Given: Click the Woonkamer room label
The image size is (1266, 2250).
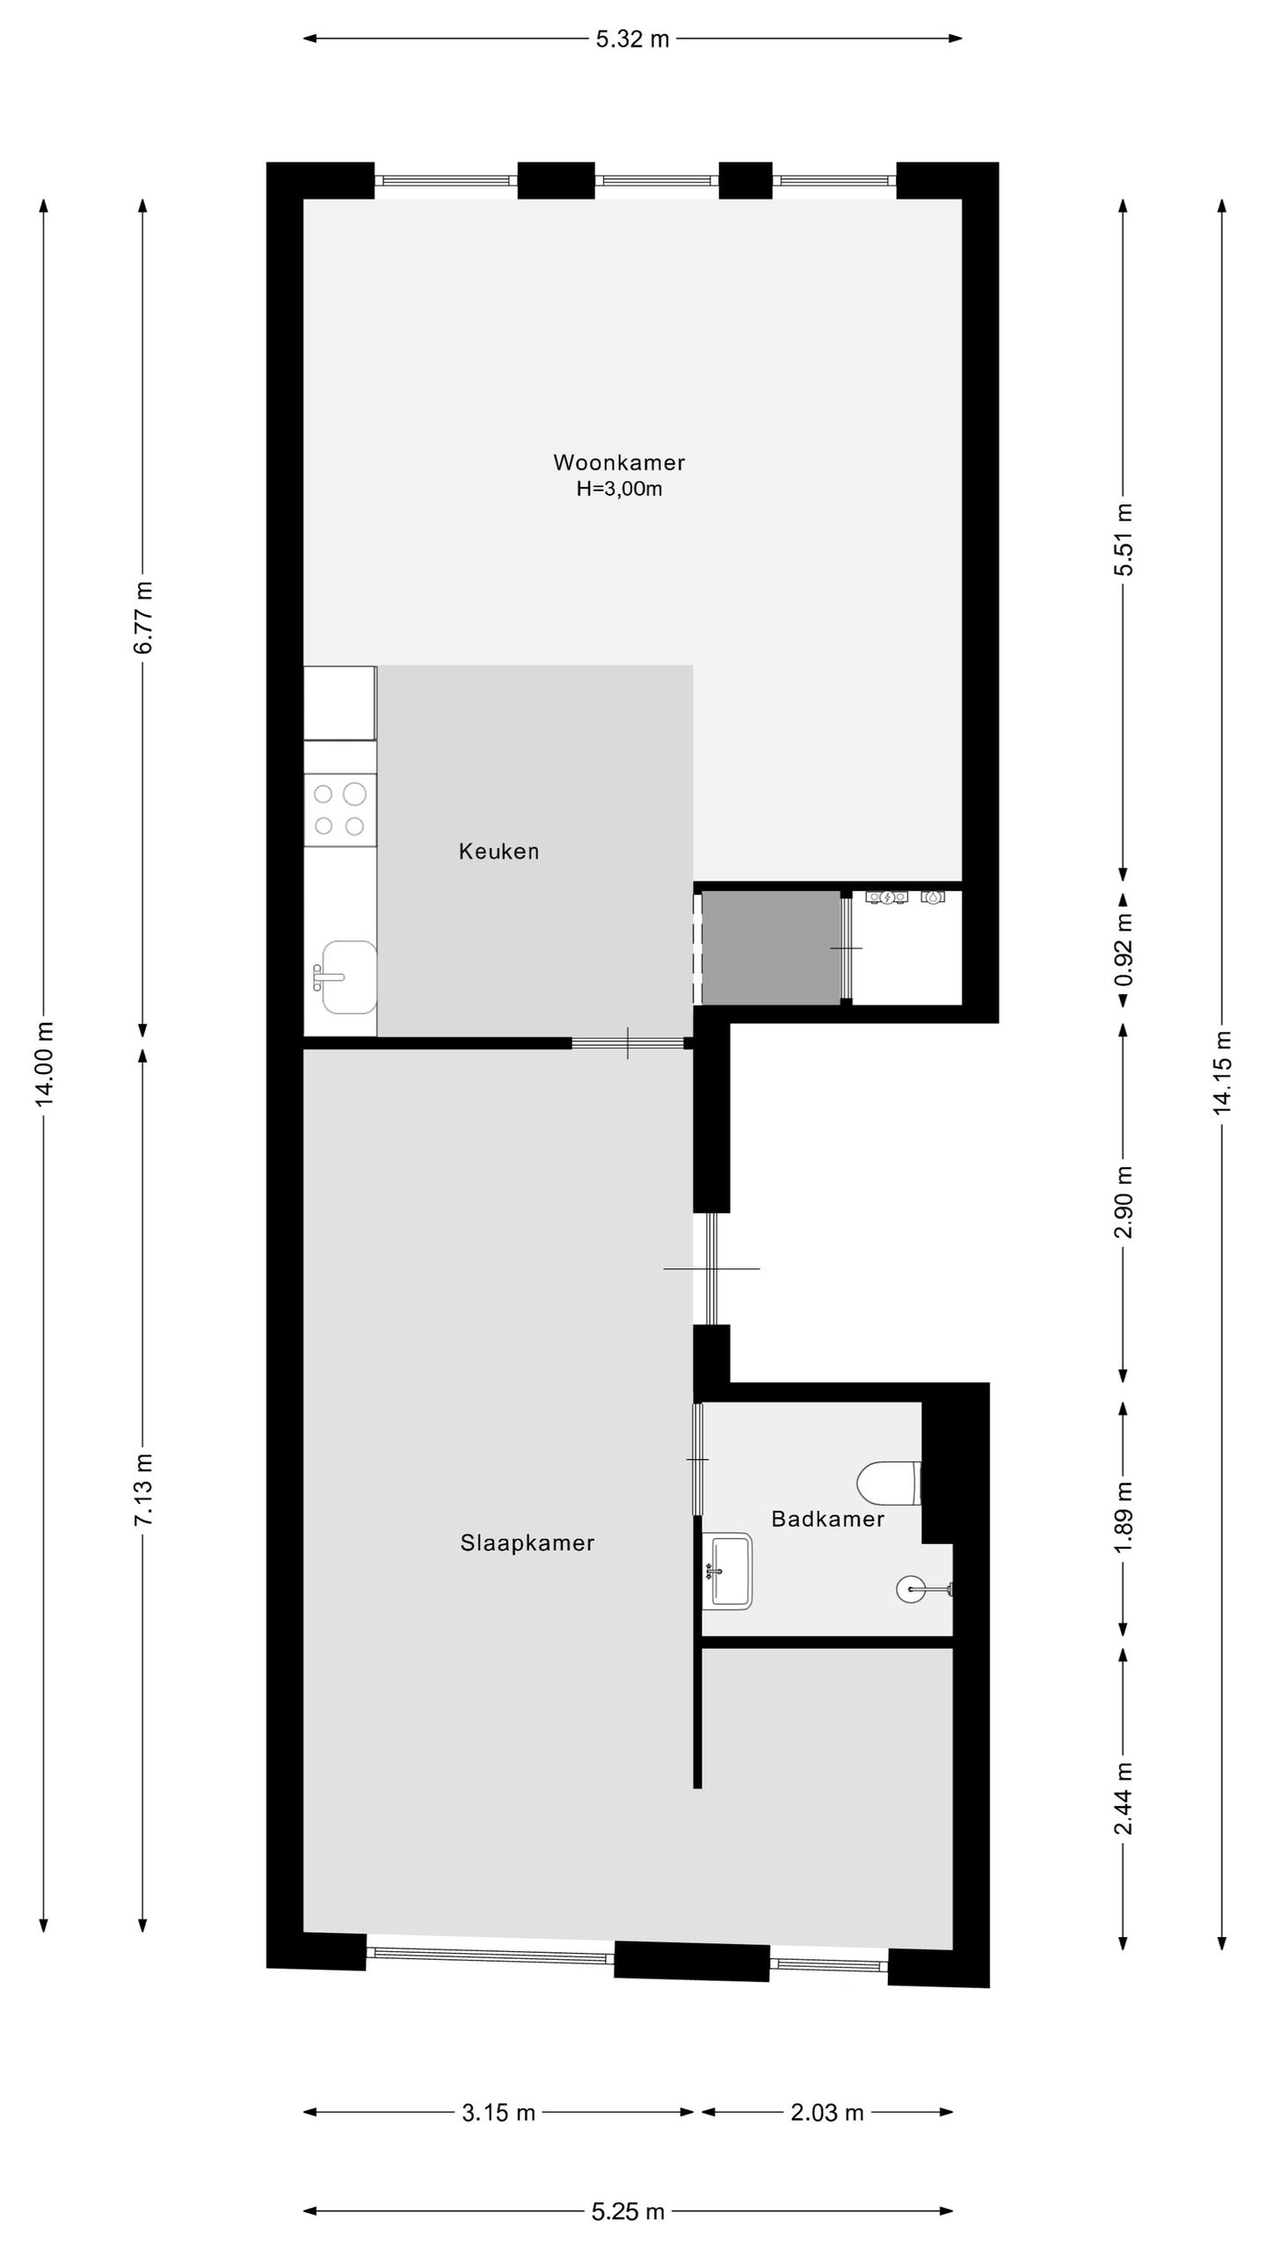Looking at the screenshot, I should click(618, 462).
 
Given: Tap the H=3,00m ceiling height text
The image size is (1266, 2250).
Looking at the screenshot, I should click(618, 490).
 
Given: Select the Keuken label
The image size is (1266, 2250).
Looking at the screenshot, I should click(498, 851).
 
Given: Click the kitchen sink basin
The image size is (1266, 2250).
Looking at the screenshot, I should click(349, 976).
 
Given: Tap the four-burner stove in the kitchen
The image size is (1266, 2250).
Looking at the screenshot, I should click(339, 809).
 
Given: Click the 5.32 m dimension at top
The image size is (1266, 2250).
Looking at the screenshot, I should click(632, 39).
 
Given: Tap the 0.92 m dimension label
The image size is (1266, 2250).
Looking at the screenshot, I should click(1123, 951).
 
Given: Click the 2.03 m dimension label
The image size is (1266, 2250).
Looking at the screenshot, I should click(826, 2112).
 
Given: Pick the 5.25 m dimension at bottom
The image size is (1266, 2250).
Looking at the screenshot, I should click(628, 2210).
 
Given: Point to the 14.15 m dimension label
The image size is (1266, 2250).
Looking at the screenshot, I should click(1222, 1072).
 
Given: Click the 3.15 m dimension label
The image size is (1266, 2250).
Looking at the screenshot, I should click(498, 2112).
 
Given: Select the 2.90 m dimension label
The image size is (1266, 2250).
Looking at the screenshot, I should click(1123, 1202).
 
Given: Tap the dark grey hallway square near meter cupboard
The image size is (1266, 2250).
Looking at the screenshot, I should click(770, 948).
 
